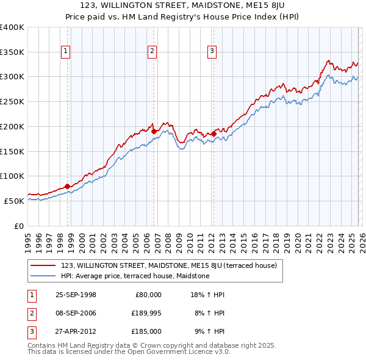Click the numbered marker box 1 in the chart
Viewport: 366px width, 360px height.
click(x=66, y=52)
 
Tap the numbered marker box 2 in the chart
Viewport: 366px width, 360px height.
click(x=152, y=52)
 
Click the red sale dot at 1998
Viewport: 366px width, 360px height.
click(x=67, y=186)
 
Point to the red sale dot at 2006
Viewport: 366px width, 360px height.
click(x=154, y=131)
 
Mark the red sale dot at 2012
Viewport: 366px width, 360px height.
click(x=214, y=134)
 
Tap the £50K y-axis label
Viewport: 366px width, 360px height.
click(x=15, y=201)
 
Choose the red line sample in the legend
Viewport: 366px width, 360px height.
click(x=43, y=265)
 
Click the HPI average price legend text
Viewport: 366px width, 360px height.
click(x=135, y=276)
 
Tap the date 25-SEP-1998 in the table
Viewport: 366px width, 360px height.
click(x=76, y=294)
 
